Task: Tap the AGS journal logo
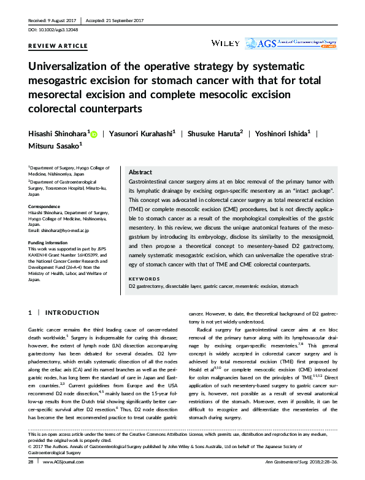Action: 290,43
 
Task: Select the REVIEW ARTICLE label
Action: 58,46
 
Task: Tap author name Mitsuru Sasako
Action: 54,146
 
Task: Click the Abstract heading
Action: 141,173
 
